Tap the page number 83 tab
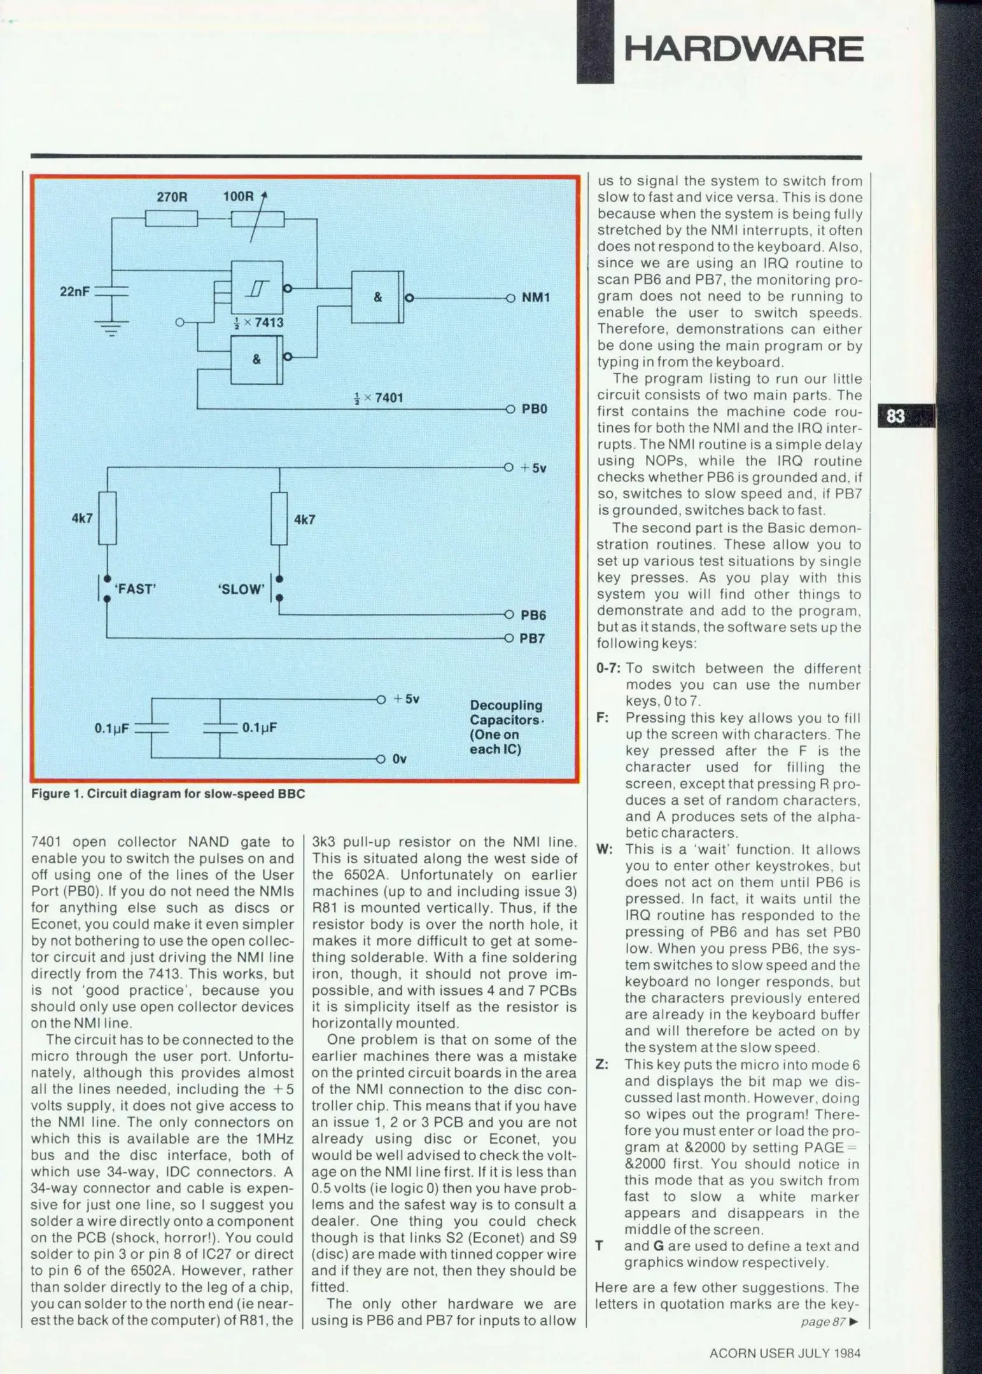[x=895, y=417]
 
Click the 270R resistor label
[x=172, y=197]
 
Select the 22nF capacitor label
[x=74, y=291]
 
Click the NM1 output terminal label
[x=535, y=298]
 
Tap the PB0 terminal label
[x=535, y=409]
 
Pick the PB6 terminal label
[x=533, y=615]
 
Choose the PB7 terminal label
[x=533, y=638]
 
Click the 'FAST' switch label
[x=134, y=589]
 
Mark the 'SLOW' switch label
[x=241, y=590]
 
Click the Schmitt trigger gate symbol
[x=257, y=288]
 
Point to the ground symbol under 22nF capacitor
[x=111, y=328]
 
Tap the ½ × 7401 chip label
[x=378, y=398]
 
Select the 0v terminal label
[x=399, y=759]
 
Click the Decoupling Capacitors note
[x=506, y=727]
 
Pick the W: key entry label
[x=604, y=850]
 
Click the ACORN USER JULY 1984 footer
[x=785, y=1354]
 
